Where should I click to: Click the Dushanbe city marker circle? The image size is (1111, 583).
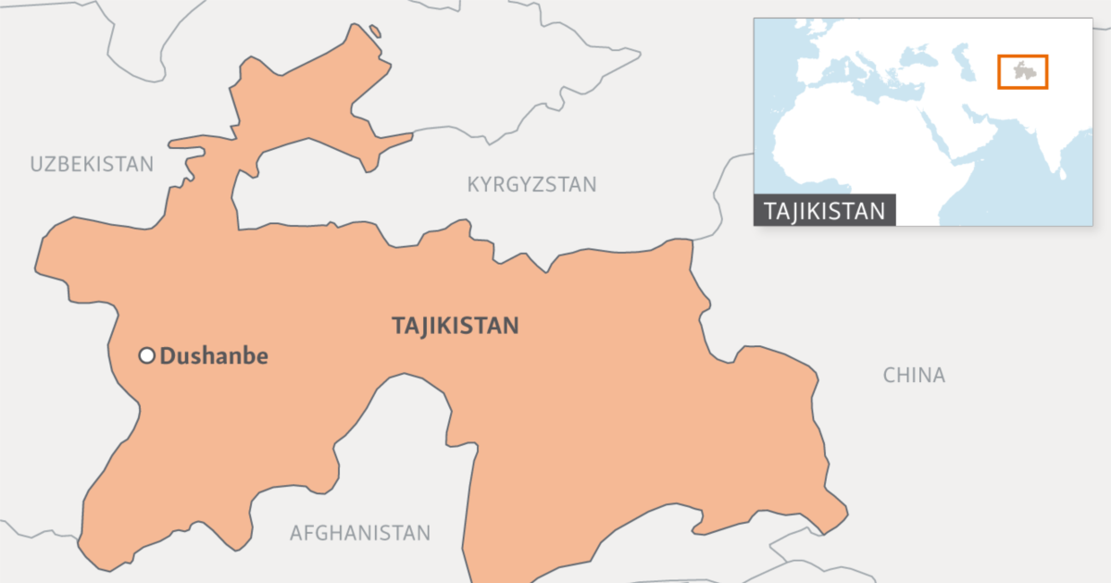(x=146, y=355)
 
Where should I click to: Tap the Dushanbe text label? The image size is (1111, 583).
(x=214, y=355)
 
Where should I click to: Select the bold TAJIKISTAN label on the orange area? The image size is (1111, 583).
(x=455, y=326)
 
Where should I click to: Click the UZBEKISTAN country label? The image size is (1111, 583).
(x=92, y=165)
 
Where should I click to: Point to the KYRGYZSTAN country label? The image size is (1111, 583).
(x=531, y=184)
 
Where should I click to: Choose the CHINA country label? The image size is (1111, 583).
(x=914, y=375)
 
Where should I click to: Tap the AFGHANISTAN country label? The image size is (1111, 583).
(x=360, y=533)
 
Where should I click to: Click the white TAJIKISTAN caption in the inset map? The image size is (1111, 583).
(x=825, y=210)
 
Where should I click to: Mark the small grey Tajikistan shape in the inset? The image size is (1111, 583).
(x=1022, y=71)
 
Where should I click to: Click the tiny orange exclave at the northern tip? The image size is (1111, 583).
(x=375, y=31)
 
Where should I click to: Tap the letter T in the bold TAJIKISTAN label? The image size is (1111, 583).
(x=397, y=326)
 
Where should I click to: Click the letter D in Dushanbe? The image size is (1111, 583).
(x=168, y=355)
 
